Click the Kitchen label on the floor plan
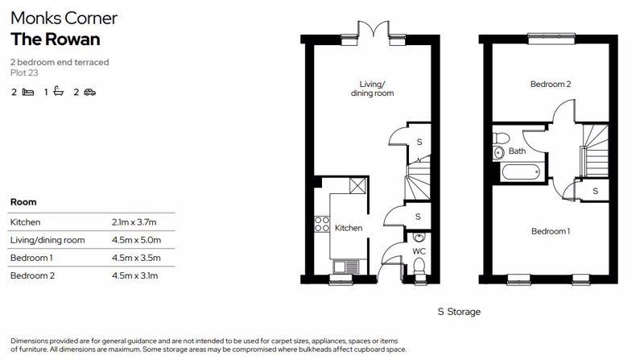(349, 228)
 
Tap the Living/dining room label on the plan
(372, 89)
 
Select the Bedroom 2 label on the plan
(551, 85)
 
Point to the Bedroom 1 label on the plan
(551, 231)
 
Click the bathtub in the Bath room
(521, 172)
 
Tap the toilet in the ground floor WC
(419, 266)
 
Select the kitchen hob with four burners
(322, 224)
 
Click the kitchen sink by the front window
(346, 267)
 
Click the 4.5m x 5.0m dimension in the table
(136, 240)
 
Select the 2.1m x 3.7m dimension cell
(134, 222)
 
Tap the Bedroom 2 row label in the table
(32, 275)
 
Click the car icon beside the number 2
(90, 92)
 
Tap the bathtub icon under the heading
(59, 91)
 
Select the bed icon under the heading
(28, 92)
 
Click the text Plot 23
(24, 72)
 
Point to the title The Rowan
(56, 39)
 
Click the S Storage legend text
(459, 312)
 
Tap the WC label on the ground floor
(419, 251)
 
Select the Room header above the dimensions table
(23, 202)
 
